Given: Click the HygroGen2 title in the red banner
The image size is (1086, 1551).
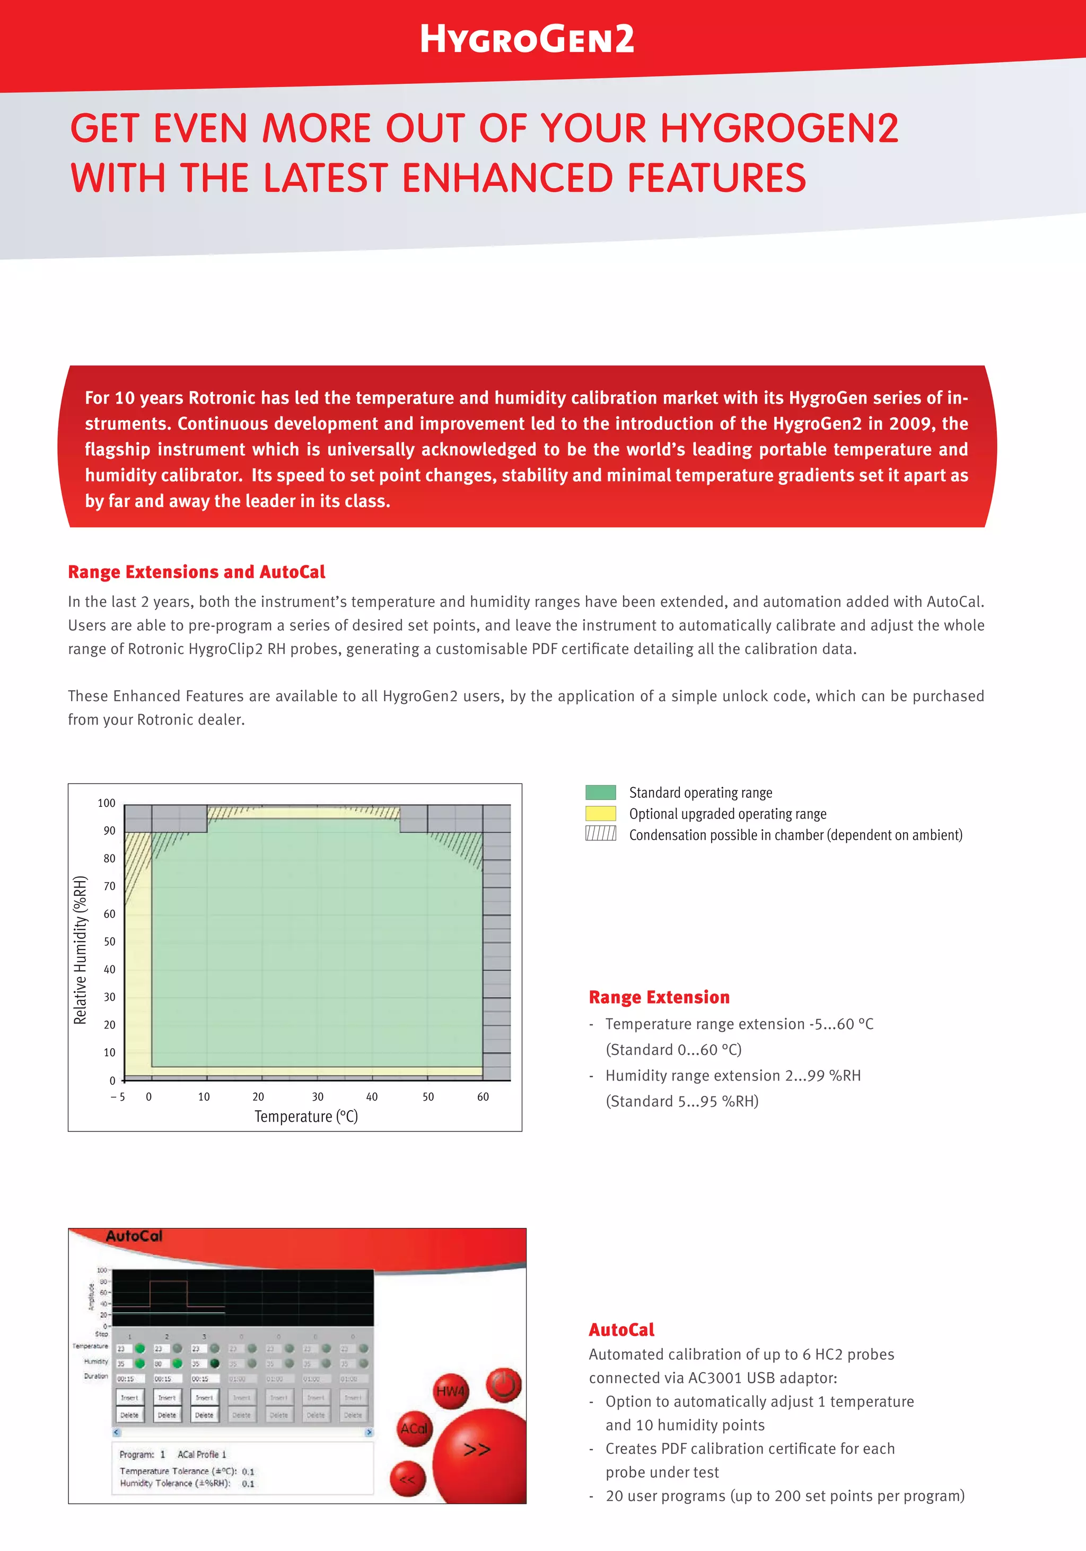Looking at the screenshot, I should point(527,39).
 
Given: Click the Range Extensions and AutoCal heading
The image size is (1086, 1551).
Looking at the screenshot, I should point(197,572).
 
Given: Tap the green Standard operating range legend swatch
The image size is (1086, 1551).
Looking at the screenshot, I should point(600,792).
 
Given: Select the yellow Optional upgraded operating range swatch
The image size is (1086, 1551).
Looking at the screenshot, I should point(600,813).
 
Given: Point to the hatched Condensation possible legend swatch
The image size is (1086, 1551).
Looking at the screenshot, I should point(600,834).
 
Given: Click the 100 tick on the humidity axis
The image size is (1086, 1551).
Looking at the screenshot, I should point(107,803).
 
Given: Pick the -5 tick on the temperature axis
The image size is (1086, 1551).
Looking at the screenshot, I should point(118,1097).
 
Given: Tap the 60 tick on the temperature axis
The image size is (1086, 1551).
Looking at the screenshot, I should point(483,1097).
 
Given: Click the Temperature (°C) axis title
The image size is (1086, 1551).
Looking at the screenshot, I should point(306,1117).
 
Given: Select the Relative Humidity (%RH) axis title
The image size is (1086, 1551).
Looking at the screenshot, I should point(81,950).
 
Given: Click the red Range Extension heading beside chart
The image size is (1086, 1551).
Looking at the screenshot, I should point(659,998).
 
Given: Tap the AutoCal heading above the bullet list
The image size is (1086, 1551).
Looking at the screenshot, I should point(621,1330).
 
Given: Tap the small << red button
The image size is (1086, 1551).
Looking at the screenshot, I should point(407,1480).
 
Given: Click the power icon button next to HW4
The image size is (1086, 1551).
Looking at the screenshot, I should point(504,1386).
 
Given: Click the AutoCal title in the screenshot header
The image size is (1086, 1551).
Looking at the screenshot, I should point(134,1236).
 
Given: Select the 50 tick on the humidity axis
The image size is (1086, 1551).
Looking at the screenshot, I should point(109,942).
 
